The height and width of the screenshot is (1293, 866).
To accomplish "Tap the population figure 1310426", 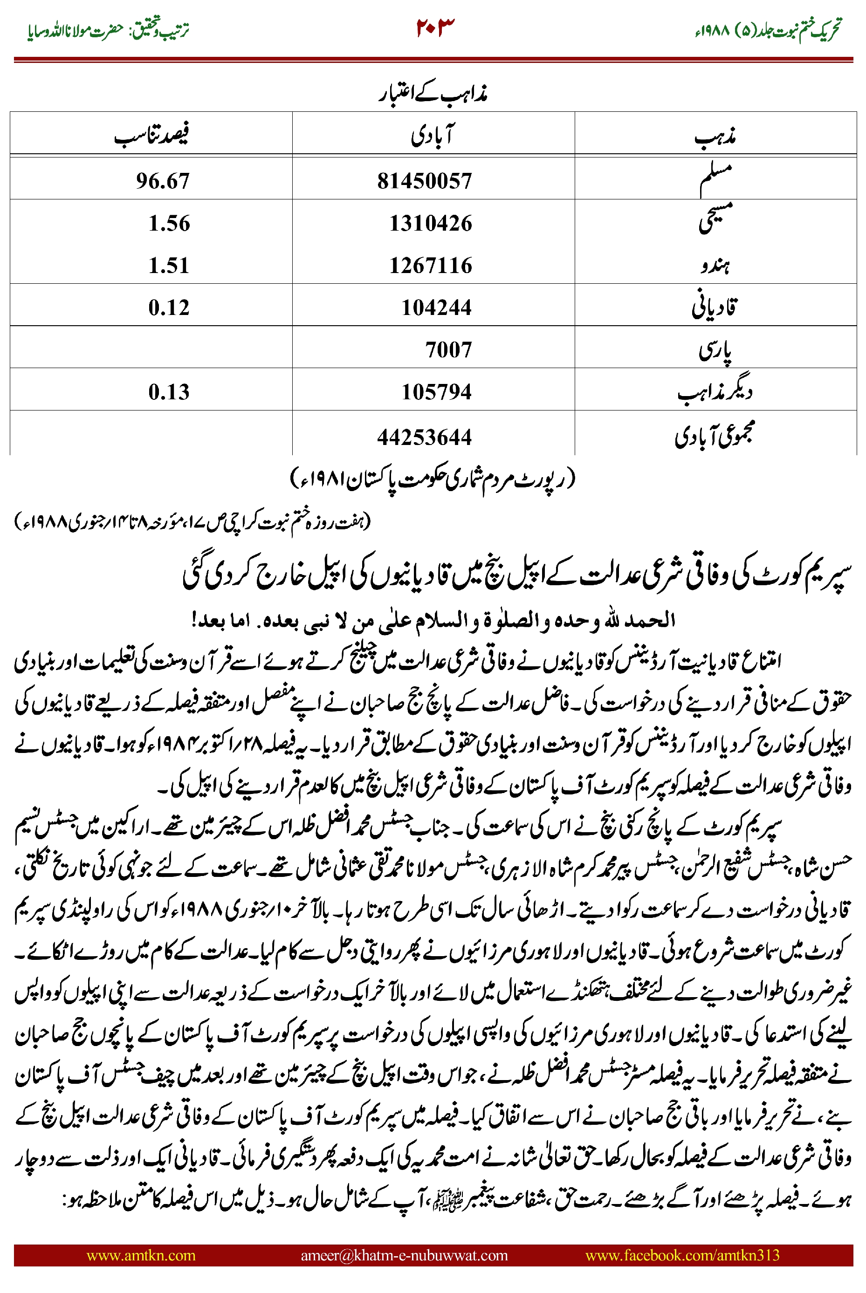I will [x=430, y=224].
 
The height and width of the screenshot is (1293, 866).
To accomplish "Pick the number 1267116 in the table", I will [x=430, y=266].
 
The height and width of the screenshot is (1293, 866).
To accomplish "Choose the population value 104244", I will [x=436, y=308].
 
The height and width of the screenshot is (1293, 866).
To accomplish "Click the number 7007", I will [x=448, y=350].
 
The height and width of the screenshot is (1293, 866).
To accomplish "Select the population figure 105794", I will [x=436, y=392].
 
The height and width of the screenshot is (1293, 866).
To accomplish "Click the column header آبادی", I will [x=433, y=135].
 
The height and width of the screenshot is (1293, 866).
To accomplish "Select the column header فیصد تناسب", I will [x=151, y=135].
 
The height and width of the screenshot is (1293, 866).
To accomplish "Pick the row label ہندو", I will [x=715, y=266].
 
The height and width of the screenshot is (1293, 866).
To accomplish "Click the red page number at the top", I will [x=435, y=27].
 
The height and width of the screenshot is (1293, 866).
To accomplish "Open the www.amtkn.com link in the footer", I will [x=141, y=1255].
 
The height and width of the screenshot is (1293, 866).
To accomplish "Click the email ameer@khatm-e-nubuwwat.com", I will [x=404, y=1255].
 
